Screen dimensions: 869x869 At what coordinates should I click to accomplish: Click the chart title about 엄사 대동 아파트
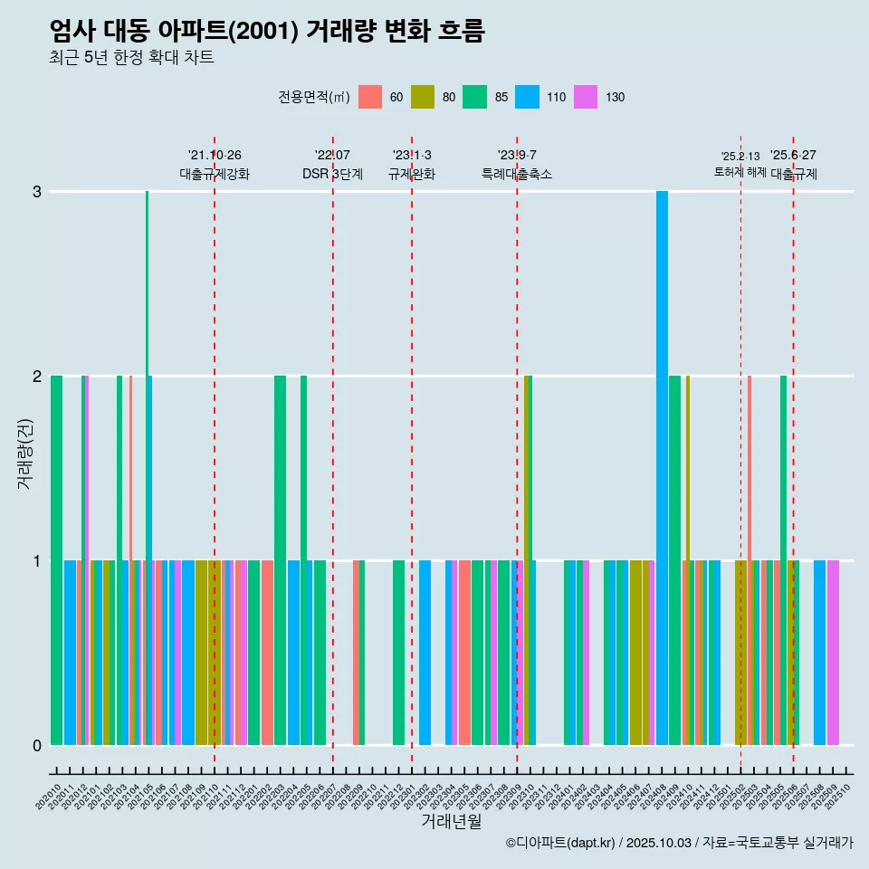click(x=267, y=31)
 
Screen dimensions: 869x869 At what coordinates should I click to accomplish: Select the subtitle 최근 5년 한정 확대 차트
click(x=131, y=58)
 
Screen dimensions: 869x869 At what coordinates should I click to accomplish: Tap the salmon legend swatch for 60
click(x=370, y=97)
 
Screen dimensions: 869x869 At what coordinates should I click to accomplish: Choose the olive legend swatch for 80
click(x=422, y=97)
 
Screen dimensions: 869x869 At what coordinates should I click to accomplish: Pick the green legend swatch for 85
click(x=474, y=97)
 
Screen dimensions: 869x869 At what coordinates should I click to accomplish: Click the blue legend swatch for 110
click(x=527, y=97)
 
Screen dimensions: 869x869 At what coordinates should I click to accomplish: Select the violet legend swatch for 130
click(x=586, y=97)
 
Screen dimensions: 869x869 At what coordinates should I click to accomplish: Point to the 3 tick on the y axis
click(x=37, y=192)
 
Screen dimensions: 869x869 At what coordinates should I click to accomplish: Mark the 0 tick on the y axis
click(x=37, y=745)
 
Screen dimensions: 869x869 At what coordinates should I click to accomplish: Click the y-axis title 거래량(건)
click(x=25, y=454)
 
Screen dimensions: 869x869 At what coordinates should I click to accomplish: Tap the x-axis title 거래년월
click(x=451, y=821)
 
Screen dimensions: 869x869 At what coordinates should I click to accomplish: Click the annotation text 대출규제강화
click(x=215, y=174)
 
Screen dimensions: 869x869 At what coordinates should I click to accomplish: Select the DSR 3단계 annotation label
click(x=332, y=174)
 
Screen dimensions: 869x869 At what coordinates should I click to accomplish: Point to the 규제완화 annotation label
click(x=412, y=174)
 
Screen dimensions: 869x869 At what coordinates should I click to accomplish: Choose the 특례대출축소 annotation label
click(x=516, y=174)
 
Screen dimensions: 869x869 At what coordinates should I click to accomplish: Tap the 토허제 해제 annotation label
click(x=740, y=172)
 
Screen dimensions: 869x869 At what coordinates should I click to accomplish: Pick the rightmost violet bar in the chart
click(x=833, y=652)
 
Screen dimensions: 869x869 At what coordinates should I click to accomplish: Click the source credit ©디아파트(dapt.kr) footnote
click(x=679, y=843)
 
